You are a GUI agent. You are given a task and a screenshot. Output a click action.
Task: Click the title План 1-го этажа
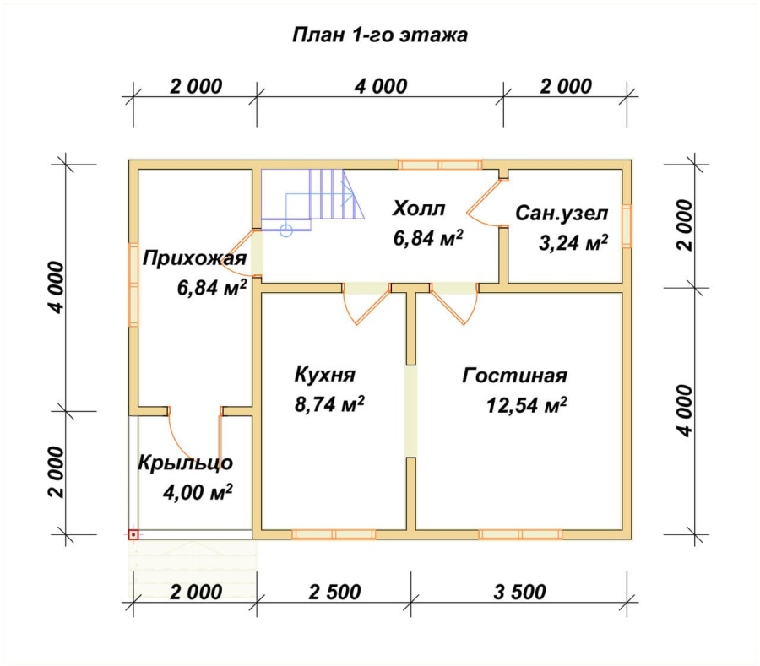coord(380,35)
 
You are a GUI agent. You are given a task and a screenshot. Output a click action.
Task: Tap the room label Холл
coord(419,208)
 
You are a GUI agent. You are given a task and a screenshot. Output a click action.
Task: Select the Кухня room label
coord(325,375)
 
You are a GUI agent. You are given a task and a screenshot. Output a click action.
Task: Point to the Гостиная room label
coord(515,376)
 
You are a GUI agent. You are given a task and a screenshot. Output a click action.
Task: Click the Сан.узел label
coord(562,213)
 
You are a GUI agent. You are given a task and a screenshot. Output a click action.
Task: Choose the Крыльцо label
coord(186,463)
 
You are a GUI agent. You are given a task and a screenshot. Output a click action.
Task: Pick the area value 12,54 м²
coord(527,405)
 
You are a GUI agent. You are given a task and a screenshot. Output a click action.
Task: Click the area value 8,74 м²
coord(329,404)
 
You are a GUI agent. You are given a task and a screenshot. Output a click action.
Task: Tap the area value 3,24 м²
coord(573,242)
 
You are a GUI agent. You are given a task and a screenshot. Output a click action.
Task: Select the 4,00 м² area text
coord(198,493)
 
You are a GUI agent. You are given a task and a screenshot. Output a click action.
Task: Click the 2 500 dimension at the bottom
coord(335,592)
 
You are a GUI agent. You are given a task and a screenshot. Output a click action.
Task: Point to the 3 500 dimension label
coord(519,592)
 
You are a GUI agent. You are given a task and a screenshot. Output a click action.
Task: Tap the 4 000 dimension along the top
coord(381,86)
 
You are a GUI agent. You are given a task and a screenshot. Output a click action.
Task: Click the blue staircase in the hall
coord(312,199)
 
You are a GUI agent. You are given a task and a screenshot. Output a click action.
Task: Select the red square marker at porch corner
coord(133,535)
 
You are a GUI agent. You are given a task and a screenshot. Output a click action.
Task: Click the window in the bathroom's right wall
coord(627,226)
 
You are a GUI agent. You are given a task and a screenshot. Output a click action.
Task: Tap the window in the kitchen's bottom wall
coord(334,534)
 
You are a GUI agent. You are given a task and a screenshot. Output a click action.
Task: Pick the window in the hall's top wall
coord(440,165)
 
